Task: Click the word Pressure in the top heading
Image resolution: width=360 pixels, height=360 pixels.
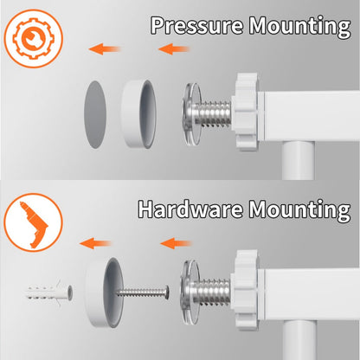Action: [196, 25]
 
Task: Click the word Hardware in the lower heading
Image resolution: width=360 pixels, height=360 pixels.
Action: [190, 209]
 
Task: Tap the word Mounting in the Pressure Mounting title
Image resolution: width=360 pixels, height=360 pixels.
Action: [300, 27]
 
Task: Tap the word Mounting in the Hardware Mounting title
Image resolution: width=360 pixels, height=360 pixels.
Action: [300, 210]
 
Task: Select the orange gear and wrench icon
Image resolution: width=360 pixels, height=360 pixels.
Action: [33, 38]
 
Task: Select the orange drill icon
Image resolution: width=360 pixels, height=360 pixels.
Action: [34, 222]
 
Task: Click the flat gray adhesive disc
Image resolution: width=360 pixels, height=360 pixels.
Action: [95, 114]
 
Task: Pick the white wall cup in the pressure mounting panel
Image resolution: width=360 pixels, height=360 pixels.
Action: [138, 113]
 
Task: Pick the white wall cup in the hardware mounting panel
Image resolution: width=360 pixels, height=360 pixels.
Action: [104, 292]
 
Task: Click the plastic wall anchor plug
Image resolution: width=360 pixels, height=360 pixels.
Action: [49, 292]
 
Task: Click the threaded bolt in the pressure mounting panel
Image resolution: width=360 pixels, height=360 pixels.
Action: [212, 113]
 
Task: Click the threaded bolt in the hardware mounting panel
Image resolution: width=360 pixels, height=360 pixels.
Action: [211, 292]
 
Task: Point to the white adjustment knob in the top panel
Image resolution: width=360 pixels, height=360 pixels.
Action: [246, 112]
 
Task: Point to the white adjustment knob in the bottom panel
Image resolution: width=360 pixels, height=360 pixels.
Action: [247, 290]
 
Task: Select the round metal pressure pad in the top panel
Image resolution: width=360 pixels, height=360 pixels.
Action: [191, 114]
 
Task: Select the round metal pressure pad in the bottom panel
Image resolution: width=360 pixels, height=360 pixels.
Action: [190, 292]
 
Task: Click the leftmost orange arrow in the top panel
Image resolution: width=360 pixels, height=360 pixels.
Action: [105, 49]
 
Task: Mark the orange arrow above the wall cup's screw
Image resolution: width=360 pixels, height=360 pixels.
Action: [176, 243]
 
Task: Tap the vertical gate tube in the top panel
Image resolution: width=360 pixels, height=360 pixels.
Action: [298, 160]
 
